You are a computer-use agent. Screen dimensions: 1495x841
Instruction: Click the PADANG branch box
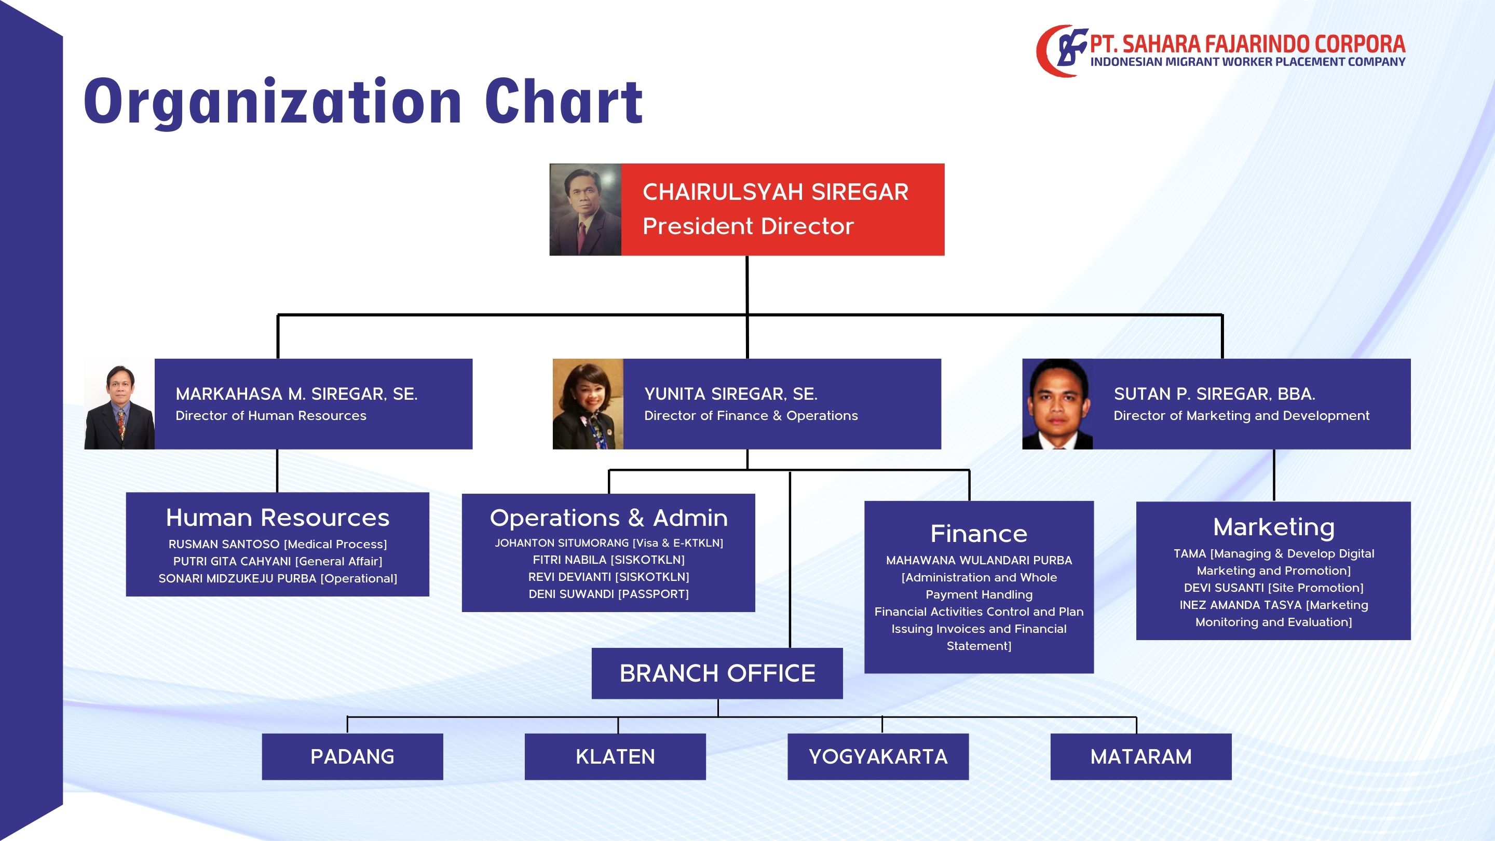[x=352, y=756]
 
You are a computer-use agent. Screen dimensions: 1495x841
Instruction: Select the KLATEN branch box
[x=615, y=756]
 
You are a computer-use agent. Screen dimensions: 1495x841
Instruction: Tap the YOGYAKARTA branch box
[x=878, y=756]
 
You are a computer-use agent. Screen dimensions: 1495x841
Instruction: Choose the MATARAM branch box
[x=1141, y=756]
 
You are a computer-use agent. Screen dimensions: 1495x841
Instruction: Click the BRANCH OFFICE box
[x=717, y=673]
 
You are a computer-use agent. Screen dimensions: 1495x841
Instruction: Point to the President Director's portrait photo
[x=586, y=210]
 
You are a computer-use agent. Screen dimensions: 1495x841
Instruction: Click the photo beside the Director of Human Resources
[x=119, y=404]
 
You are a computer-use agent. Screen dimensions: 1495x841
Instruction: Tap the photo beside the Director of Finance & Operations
[x=588, y=404]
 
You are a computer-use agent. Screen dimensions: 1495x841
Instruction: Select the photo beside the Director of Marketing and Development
[x=1057, y=404]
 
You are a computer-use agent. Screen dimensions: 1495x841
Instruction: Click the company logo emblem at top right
[x=1062, y=50]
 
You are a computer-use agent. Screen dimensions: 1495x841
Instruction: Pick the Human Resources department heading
[x=277, y=518]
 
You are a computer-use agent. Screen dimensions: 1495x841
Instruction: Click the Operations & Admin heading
[x=609, y=518]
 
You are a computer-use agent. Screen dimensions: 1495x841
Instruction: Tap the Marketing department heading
[x=1274, y=527]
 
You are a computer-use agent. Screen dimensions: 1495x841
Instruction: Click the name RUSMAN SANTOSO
[x=224, y=545]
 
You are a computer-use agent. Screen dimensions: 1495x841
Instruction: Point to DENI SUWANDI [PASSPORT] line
[x=609, y=594]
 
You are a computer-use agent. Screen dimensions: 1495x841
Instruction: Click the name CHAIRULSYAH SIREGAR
[x=776, y=192]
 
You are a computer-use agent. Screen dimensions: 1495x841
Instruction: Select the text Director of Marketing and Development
[x=1241, y=415]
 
